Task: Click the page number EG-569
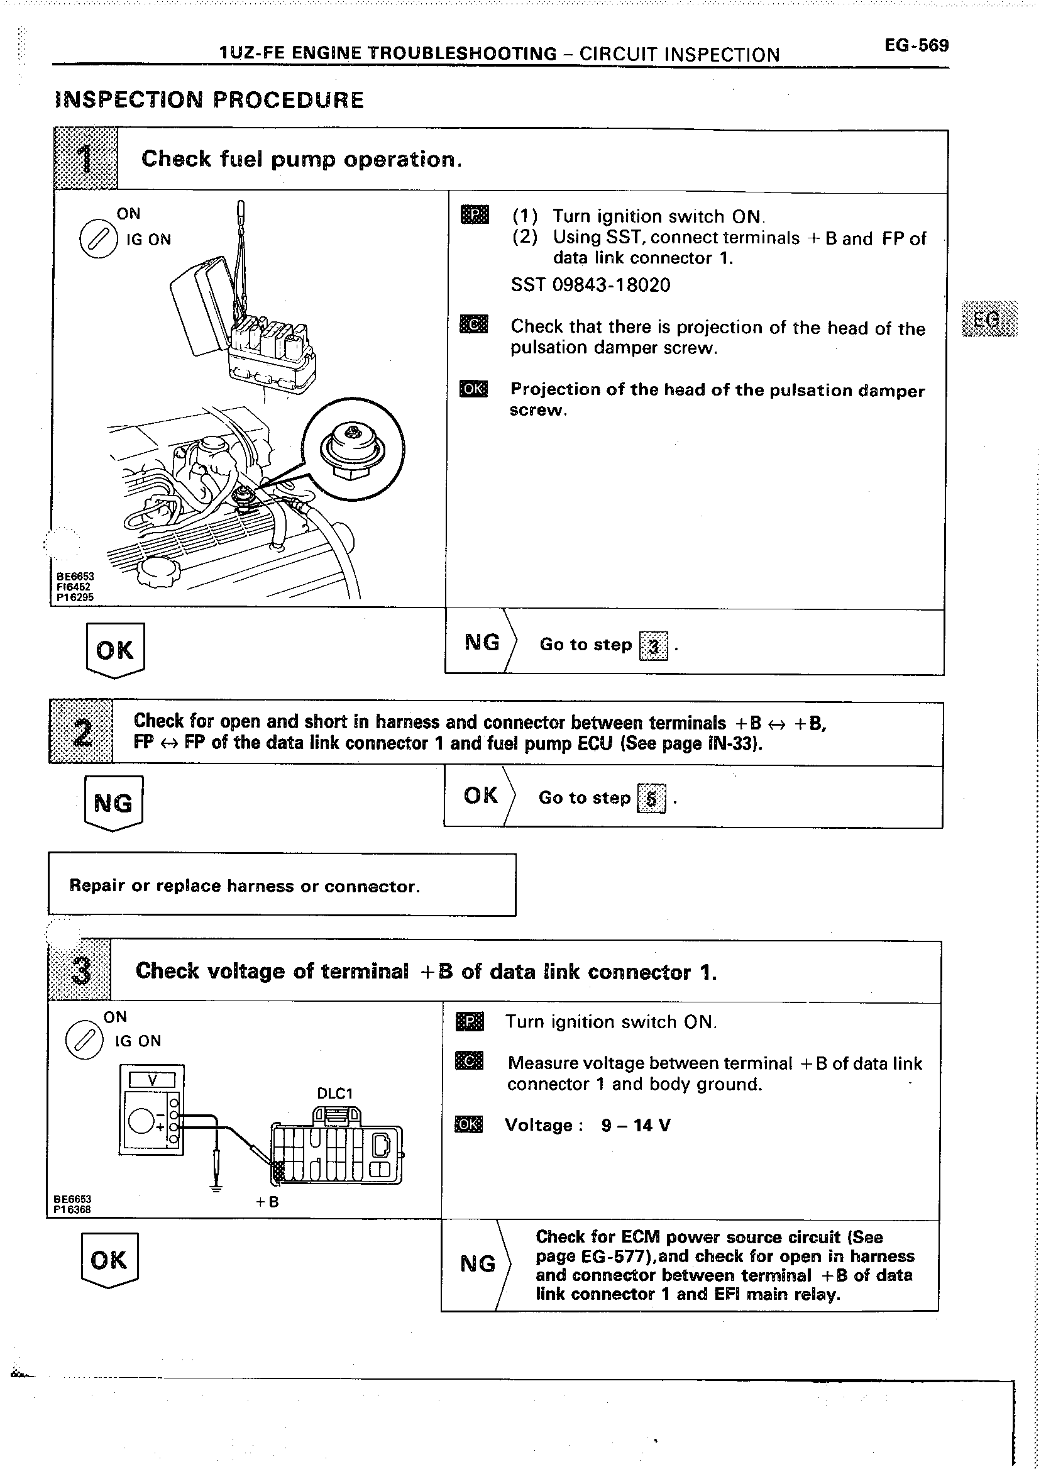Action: coord(916,46)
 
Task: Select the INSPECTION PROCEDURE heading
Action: coord(210,100)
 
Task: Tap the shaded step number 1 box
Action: coord(85,159)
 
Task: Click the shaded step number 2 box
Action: coord(81,732)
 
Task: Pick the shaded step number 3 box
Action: coord(80,970)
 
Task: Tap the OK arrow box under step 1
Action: coord(115,650)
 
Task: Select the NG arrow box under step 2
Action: coord(113,803)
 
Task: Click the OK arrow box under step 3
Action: coord(109,1260)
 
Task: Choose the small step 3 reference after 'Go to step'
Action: coord(653,646)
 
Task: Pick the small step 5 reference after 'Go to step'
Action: coord(651,799)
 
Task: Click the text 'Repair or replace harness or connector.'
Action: coord(244,886)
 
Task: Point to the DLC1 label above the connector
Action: coord(335,1094)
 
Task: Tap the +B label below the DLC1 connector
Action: coord(267,1202)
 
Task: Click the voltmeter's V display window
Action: coord(152,1080)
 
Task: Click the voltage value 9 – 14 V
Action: coord(636,1125)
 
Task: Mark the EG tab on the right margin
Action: coord(989,319)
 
